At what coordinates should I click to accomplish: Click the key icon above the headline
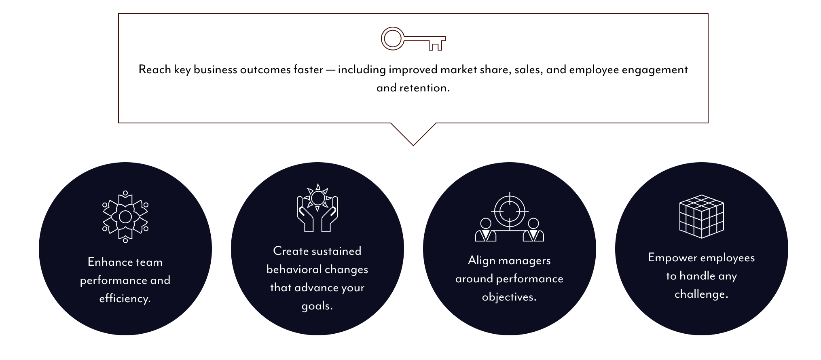point(413,39)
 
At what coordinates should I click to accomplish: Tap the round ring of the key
point(392,39)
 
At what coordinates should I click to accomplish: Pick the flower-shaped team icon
point(125,217)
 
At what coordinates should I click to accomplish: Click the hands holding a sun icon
point(317,208)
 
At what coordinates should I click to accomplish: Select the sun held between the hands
point(318,198)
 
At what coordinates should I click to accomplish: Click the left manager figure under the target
point(485,230)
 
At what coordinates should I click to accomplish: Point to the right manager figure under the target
point(533,230)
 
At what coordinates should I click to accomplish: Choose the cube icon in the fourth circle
point(702,216)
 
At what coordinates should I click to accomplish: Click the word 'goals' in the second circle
point(316,306)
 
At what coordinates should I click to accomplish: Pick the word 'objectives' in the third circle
point(508,297)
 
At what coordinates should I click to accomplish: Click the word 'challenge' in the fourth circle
point(700,294)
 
